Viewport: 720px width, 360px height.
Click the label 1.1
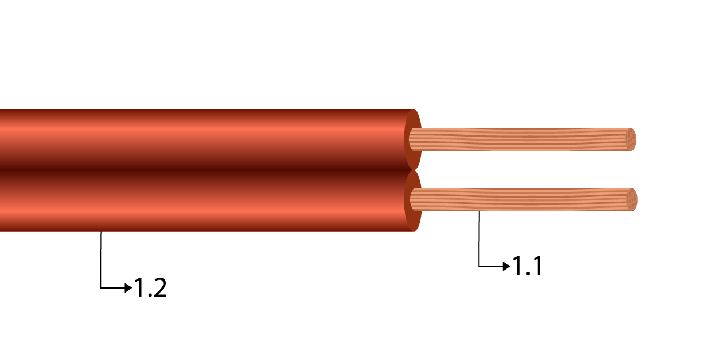(527, 266)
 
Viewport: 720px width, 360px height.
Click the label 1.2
(150, 287)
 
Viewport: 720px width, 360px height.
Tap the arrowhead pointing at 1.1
(507, 266)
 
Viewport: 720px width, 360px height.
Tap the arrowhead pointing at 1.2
(130, 287)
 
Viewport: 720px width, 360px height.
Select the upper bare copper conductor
(518, 139)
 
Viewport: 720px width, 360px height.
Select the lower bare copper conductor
(518, 199)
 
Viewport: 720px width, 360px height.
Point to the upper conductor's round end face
(631, 139)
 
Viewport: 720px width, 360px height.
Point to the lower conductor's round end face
(632, 199)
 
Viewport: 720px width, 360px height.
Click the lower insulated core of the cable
(202, 202)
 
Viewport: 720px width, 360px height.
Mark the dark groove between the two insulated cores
(202, 169)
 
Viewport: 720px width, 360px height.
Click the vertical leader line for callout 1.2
(101, 259)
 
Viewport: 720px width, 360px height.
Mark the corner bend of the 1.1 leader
(479, 266)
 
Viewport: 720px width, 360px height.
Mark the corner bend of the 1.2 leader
(101, 287)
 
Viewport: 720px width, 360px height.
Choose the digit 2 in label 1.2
(158, 287)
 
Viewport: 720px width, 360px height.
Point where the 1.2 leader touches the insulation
(101, 232)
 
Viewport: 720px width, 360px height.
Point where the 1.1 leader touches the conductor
(479, 211)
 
